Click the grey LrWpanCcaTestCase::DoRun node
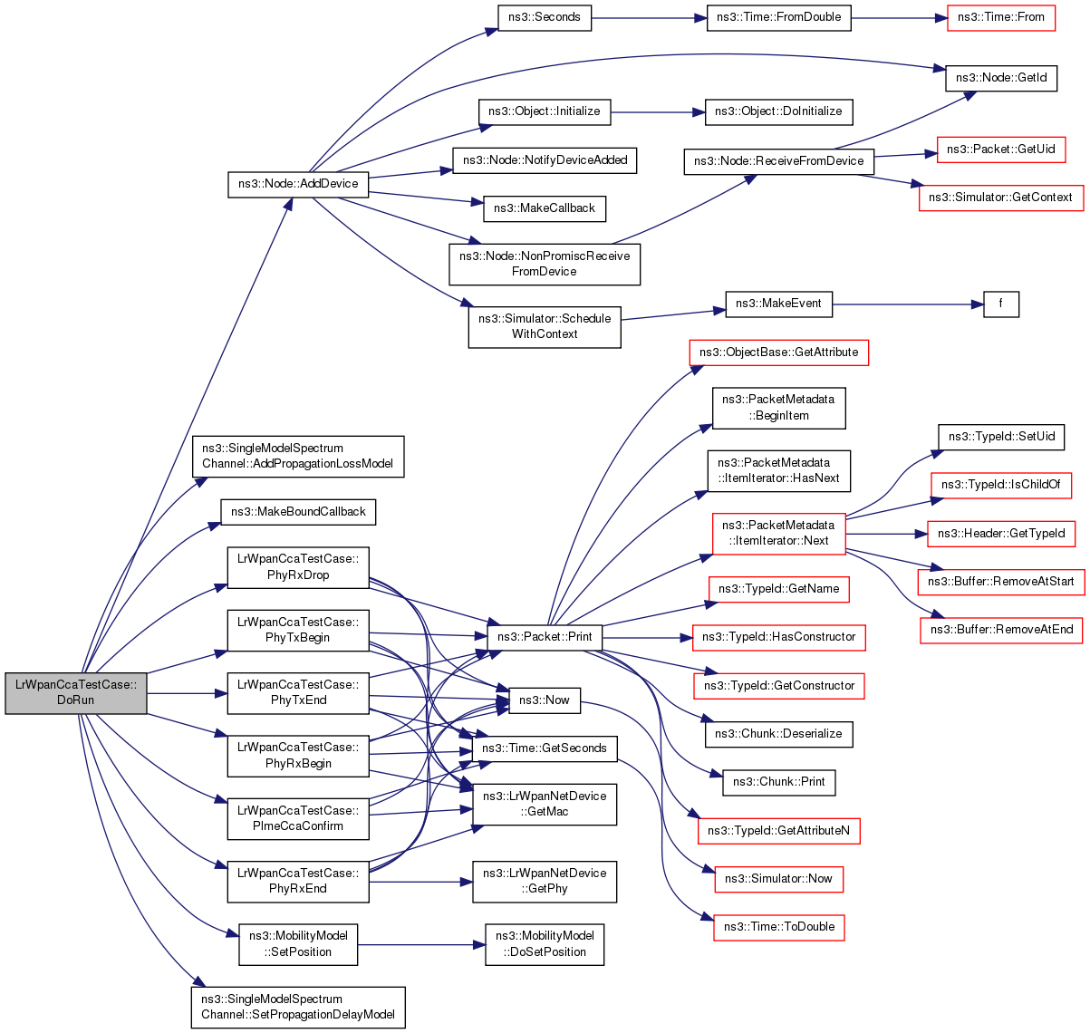pyautogui.click(x=76, y=693)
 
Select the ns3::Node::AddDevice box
pyautogui.click(x=298, y=185)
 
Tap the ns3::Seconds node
pyautogui.click(x=544, y=18)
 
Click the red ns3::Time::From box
pyautogui.click(x=1000, y=18)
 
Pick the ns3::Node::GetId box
pyautogui.click(x=1000, y=78)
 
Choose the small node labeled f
pyautogui.click(x=1000, y=304)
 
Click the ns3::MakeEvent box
pyautogui.click(x=778, y=304)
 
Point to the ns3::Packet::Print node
pyautogui.click(x=544, y=638)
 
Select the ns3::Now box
pyautogui.click(x=544, y=700)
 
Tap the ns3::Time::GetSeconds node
pyautogui.click(x=544, y=749)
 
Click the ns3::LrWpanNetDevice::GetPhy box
pyautogui.click(x=544, y=882)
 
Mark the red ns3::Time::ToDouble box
pyautogui.click(x=778, y=928)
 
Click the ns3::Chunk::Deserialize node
pyautogui.click(x=778, y=735)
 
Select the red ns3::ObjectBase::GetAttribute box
pyautogui.click(x=778, y=352)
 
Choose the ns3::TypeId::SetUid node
pyautogui.click(x=1000, y=438)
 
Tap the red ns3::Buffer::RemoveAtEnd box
pyautogui.click(x=1000, y=631)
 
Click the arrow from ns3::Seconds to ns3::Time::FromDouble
pyautogui.click(x=649, y=18)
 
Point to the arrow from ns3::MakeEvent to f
pyautogui.click(x=908, y=304)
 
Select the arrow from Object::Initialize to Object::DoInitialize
pyautogui.click(x=658, y=112)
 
